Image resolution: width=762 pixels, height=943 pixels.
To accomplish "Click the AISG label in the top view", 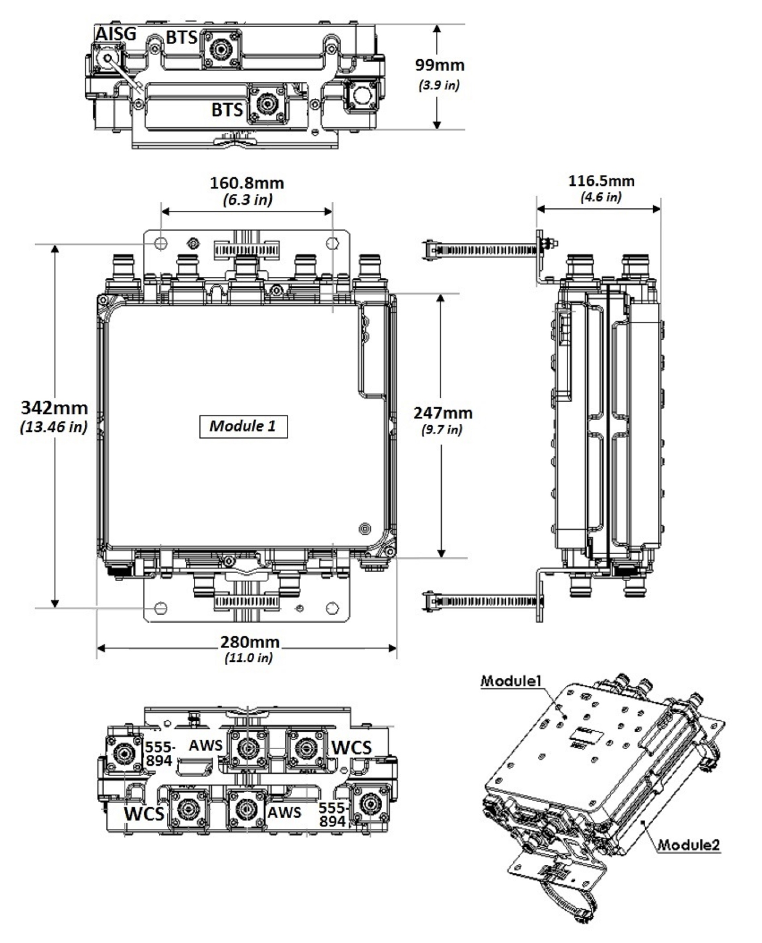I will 116,34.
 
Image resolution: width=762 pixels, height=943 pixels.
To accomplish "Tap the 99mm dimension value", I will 440,65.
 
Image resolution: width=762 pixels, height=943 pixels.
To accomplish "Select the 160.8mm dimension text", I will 247,183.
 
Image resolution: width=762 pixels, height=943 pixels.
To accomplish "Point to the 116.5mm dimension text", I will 601,181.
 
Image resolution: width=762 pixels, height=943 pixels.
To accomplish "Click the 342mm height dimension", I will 55,408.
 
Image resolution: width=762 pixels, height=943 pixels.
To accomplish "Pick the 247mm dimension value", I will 443,413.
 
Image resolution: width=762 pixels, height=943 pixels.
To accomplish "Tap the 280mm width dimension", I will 249,642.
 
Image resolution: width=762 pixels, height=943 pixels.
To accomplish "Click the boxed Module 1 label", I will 243,426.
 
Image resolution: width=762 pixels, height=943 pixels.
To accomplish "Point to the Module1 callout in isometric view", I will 511,681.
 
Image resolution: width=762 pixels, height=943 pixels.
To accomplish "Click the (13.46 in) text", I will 54,427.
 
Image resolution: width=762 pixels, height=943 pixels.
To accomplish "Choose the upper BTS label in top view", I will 182,38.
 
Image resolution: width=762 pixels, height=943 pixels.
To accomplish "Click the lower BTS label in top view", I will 227,110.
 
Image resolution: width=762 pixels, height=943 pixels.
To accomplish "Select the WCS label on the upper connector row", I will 351,748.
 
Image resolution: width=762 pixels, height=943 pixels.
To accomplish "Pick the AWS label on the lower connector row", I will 284,813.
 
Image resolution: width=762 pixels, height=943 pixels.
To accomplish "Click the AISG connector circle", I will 107,57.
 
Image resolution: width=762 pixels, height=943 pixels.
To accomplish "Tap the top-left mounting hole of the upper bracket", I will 161,243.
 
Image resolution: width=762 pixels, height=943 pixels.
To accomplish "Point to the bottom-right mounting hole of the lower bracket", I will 333,608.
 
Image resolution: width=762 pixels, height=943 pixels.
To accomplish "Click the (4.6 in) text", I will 601,197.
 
